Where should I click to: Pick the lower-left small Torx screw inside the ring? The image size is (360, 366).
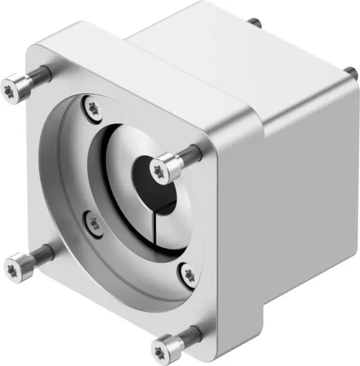(x=93, y=223)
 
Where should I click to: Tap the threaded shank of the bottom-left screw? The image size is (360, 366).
(x=39, y=253)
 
